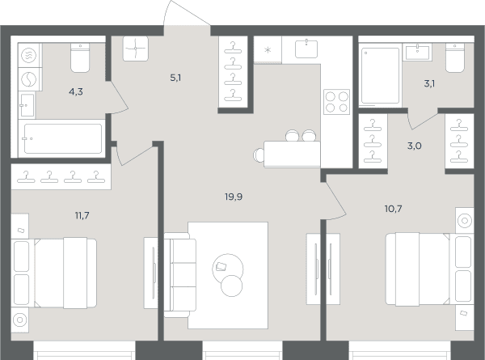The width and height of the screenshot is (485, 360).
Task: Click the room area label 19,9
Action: [234, 197]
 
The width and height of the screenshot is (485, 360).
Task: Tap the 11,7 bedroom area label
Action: [82, 215]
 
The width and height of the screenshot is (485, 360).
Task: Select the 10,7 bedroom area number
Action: [394, 209]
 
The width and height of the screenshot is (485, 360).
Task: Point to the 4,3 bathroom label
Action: [76, 92]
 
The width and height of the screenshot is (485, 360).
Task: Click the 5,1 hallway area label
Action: [175, 78]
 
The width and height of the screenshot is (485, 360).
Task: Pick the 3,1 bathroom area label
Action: [429, 83]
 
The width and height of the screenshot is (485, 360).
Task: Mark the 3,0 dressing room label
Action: [414, 146]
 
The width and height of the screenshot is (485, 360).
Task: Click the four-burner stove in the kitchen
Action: [336, 102]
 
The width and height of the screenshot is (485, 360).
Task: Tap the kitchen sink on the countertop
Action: [306, 49]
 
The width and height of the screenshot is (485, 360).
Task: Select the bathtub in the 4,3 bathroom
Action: [63, 138]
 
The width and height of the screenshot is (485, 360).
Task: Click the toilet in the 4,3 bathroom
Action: [80, 58]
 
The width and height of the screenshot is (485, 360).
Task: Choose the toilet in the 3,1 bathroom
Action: [454, 58]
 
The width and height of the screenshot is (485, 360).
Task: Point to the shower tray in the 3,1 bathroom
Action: [380, 76]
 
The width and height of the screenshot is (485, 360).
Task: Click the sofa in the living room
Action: [180, 275]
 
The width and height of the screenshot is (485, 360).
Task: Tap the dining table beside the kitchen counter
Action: [293, 154]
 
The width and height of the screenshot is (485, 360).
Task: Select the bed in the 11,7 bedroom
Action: [54, 273]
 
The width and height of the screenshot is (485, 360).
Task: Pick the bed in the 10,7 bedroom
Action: [429, 269]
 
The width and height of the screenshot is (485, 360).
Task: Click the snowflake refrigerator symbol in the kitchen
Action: [268, 50]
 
